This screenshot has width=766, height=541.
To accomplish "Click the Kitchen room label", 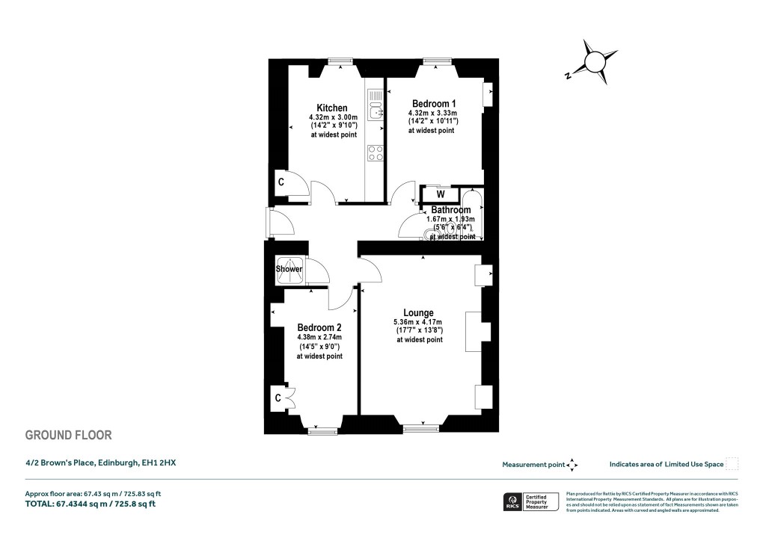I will point(332,108).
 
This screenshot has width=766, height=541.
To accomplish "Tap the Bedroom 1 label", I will point(434,103).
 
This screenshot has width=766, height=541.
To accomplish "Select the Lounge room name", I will point(419,313).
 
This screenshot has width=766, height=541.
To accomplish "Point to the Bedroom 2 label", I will point(319,328).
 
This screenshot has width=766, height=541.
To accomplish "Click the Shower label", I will point(289,269).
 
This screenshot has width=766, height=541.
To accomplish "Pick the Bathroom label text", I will point(451,210).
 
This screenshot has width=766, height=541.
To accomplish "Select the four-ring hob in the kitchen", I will point(376,153).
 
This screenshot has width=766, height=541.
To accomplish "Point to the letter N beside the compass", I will point(569,75).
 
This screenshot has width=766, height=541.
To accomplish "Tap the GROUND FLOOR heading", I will point(68,436).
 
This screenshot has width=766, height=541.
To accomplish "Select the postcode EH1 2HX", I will point(159,463).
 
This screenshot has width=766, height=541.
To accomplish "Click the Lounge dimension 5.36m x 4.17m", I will point(419,323).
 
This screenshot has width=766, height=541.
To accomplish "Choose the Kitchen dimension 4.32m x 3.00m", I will point(333,118).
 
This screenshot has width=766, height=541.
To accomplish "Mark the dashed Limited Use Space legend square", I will point(732,464).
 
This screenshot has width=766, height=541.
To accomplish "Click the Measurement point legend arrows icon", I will point(572,465).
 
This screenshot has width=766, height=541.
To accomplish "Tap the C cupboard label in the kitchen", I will point(281,182).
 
